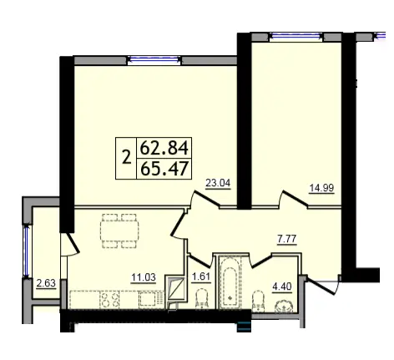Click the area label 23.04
click(218, 183)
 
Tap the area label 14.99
click(321, 188)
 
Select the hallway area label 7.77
click(287, 239)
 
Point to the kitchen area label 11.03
click(144, 277)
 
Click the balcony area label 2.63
click(46, 283)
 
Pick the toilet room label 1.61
click(201, 276)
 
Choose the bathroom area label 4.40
click(282, 286)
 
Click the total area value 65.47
click(164, 169)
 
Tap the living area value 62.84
click(164, 148)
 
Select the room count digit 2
click(127, 158)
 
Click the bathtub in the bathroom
click(230, 283)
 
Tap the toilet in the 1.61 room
click(202, 299)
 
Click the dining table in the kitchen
click(120, 231)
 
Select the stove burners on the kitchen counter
click(109, 300)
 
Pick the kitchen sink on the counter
click(149, 300)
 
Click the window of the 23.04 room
click(154, 59)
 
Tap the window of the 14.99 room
click(296, 36)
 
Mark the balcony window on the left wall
click(27, 251)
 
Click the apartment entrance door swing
click(323, 286)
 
